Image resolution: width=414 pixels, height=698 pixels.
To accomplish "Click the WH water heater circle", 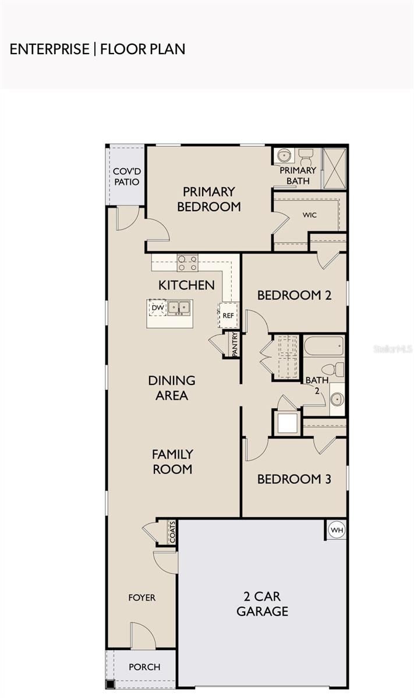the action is coord(337,530).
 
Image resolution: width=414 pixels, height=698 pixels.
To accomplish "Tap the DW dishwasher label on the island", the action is coord(158,308).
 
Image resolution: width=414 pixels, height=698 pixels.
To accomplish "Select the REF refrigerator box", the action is coord(228,315).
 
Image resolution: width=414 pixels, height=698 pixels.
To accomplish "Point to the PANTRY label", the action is coord(235,344).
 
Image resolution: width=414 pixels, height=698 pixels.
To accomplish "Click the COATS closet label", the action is coord(172,533).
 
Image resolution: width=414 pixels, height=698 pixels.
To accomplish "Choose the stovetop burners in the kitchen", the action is coord(187,263).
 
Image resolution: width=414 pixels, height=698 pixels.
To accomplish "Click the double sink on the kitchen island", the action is coord(179,308).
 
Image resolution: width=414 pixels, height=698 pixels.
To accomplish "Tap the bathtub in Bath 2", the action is coord(324,346).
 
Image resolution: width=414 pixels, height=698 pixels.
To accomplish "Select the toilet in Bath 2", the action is coord(333,370).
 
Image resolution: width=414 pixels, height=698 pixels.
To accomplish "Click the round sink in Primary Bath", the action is coord(284,155).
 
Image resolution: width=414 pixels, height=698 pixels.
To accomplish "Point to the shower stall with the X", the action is coord(334,168).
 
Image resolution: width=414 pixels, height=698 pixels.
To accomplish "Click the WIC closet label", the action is coord(310,215).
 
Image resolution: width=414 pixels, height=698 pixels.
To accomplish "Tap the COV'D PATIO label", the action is coord(127,177).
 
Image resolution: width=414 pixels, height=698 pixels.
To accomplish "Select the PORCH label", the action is coord(144,667).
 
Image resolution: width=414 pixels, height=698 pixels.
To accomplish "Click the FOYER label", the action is coord(142,597).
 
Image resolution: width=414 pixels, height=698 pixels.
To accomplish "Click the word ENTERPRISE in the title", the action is coord(49,49).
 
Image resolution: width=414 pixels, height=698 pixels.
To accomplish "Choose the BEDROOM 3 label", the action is coord(294,479).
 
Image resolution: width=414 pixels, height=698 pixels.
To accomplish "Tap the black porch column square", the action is coord(110,685).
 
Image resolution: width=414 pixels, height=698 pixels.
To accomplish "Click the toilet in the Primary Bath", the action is coord(306,158).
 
